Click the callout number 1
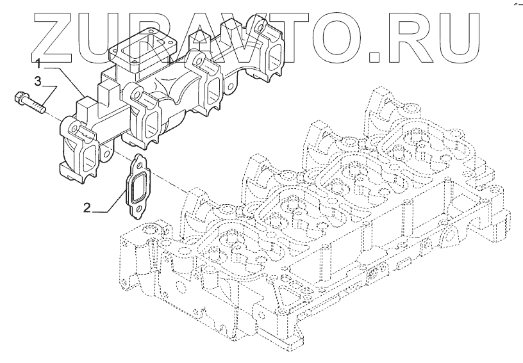pos(39,63)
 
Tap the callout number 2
pos(87,208)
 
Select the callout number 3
pos(38,81)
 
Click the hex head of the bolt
pos(19,97)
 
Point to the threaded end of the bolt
pos(40,108)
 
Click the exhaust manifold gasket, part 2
pos(137,186)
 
